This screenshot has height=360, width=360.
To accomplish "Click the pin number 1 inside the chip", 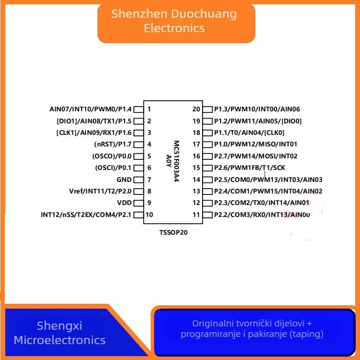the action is pyautogui.click(x=149, y=109).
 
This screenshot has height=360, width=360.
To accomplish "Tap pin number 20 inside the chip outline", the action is pyautogui.click(x=196, y=109).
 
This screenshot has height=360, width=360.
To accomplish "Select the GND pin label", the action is pyautogui.click(x=124, y=180).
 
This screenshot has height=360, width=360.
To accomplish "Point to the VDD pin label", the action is pyautogui.click(x=124, y=203).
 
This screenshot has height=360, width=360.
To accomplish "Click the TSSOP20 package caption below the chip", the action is pyautogui.click(x=173, y=233).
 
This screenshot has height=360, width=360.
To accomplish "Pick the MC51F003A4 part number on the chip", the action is pyautogui.click(x=176, y=161).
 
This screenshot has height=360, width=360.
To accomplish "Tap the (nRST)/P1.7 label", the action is pyautogui.click(x=113, y=144).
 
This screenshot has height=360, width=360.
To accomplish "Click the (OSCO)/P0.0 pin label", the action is pyautogui.click(x=112, y=156).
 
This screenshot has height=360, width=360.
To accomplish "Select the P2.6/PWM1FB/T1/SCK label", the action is pyautogui.click(x=250, y=168).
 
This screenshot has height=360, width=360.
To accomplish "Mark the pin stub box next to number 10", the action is pyautogui.click(x=138, y=215).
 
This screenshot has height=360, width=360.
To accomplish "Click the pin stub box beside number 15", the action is pyautogui.click(x=207, y=168).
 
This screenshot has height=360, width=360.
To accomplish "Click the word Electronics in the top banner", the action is pyautogui.click(x=174, y=28).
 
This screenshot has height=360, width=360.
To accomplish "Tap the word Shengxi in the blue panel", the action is pyautogui.click(x=60, y=326).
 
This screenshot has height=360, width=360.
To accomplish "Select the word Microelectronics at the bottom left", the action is pyautogui.click(x=60, y=340).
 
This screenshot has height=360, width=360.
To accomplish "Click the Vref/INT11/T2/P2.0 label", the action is pyautogui.click(x=100, y=191).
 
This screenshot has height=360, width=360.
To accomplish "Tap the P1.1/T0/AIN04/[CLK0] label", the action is pyautogui.click(x=249, y=132).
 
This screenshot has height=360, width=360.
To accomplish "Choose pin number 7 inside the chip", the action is pyautogui.click(x=149, y=180).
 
